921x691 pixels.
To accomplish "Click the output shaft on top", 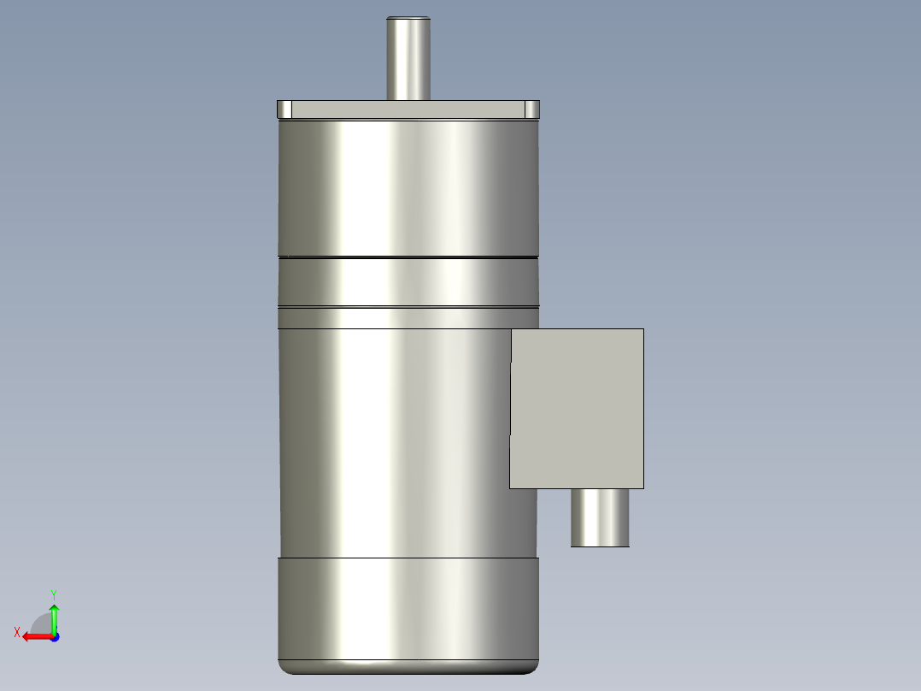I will [408, 60].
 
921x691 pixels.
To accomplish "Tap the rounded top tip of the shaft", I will [408, 19].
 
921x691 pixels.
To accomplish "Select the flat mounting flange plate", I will [408, 109].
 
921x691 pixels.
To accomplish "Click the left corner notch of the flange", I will [285, 109].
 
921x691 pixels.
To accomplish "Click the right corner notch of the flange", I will [531, 109].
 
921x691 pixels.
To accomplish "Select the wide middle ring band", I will [408, 281].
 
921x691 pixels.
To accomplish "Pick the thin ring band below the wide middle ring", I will [408, 318].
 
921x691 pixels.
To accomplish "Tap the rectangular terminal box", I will [577, 408].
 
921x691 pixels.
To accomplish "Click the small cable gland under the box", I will [600, 517].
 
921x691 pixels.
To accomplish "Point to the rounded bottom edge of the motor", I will [408, 667].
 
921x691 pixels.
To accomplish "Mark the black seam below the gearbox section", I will [408, 257].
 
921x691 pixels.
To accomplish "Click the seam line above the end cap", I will [408, 558].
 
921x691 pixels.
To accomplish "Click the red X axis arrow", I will [34, 636].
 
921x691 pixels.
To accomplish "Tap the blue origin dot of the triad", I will [54, 636].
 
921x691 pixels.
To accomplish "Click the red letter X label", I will [17, 632].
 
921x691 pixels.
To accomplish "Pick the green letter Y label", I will [54, 594].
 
